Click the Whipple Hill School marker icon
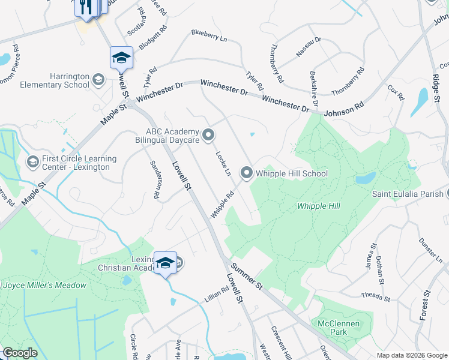(x=246, y=173)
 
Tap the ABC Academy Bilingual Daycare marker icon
(x=208, y=135)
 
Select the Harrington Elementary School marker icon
(x=98, y=79)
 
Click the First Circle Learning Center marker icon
(x=33, y=161)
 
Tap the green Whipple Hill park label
(x=319, y=206)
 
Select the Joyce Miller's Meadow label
(x=45, y=285)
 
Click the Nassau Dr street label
(x=309, y=47)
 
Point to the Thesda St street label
(x=376, y=296)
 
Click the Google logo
(x=20, y=353)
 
